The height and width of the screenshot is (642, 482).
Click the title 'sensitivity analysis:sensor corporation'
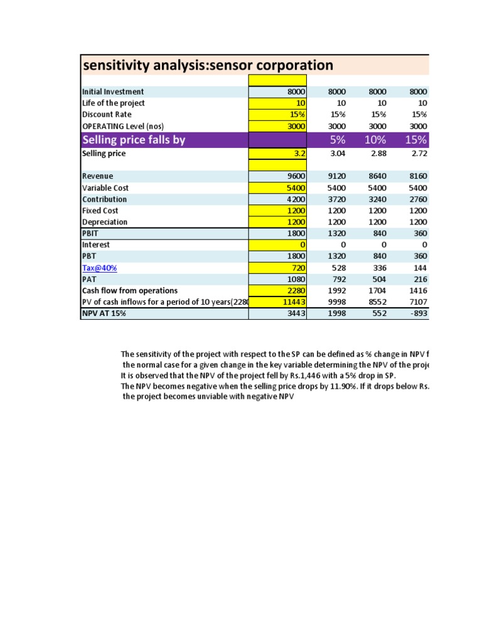pos(208,65)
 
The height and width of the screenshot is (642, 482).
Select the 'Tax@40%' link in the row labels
pos(99,268)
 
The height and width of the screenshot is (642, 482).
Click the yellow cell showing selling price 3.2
pos(277,154)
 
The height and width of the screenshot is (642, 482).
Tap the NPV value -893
pos(417,313)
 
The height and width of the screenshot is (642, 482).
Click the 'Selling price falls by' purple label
pos(134,139)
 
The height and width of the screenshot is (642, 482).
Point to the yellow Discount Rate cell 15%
pos(277,114)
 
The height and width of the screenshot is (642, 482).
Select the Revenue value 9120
pos(338,176)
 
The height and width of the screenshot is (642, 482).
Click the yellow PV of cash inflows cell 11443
pos(277,302)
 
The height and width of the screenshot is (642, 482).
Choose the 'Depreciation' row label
pos(105,222)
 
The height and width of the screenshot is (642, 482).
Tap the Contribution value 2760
pos(417,199)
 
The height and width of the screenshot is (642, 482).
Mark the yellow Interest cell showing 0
pos(277,245)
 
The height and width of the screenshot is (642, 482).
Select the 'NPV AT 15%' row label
pos(104,313)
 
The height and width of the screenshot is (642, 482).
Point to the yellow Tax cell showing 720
pos(277,268)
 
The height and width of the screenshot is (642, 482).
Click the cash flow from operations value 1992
pos(338,291)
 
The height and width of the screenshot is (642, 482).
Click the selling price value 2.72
pos(417,154)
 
